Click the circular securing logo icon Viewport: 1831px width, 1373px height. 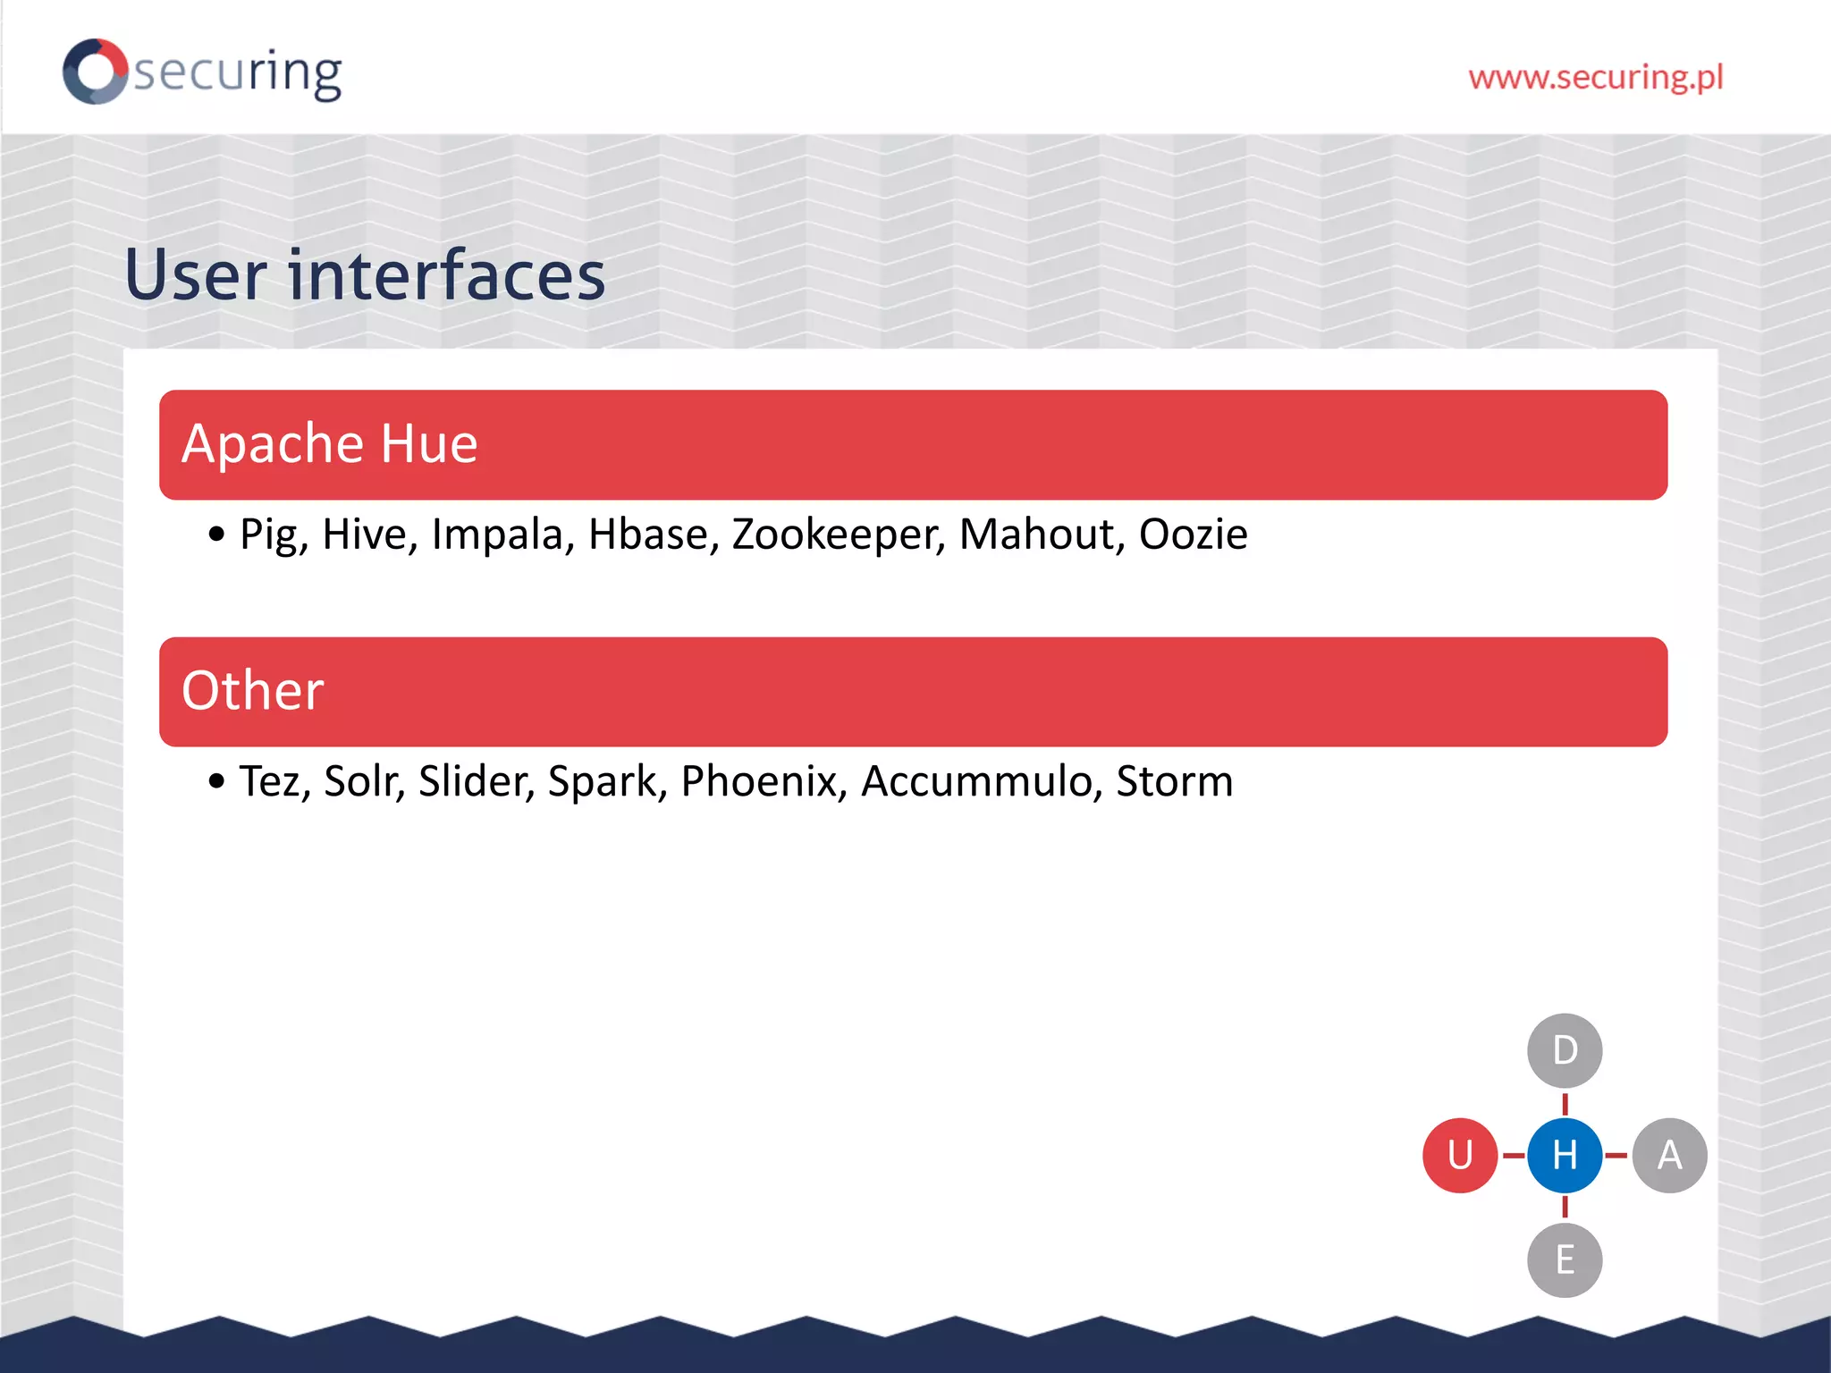point(96,72)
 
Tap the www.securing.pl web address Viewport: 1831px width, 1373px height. point(1595,78)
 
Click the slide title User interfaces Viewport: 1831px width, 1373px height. point(365,274)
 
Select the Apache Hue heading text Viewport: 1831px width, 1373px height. point(329,443)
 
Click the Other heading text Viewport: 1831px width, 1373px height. point(252,691)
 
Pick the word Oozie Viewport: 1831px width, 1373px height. point(1193,535)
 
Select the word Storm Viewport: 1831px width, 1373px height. point(1174,781)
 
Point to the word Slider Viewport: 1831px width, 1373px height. point(476,781)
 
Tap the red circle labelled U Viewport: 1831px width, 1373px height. point(1460,1155)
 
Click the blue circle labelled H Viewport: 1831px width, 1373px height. point(1565,1155)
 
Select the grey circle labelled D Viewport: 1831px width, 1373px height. point(1565,1050)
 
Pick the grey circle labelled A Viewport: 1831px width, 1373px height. point(1669,1155)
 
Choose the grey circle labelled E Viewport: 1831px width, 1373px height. point(1565,1259)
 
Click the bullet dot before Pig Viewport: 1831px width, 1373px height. point(216,535)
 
